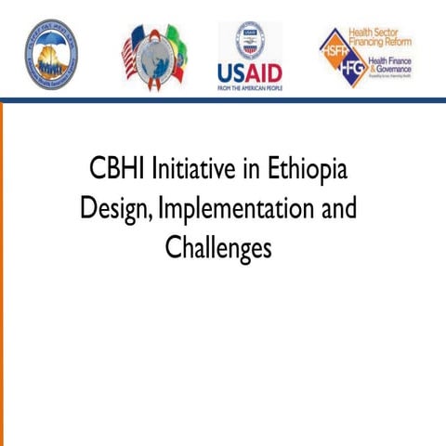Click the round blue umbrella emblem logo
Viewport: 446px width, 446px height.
click(x=51, y=53)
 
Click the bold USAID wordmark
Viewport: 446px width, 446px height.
click(x=249, y=72)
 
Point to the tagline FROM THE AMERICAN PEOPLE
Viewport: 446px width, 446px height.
click(x=249, y=86)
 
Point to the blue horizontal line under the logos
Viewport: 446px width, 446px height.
click(x=223, y=99)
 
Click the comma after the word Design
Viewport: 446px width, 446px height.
click(x=151, y=219)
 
